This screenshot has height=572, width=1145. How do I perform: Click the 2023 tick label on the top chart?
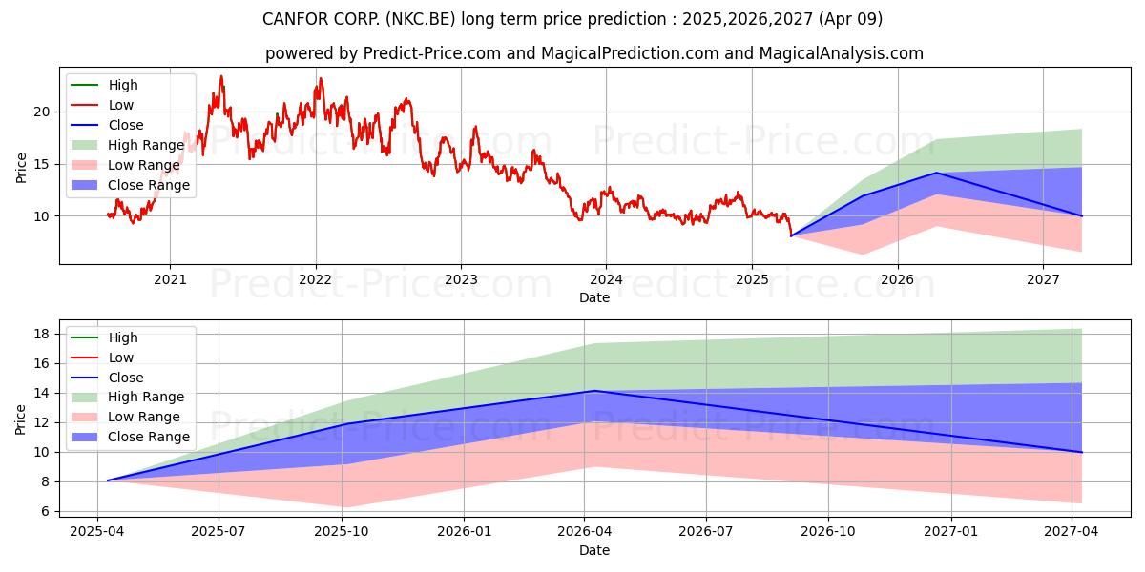coord(461,279)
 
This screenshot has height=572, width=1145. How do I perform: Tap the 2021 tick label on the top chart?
coord(170,279)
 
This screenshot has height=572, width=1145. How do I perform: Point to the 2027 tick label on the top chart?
coord(1043,279)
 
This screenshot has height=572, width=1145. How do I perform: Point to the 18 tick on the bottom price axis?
coord(42,334)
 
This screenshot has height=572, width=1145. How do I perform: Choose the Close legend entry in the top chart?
coord(126,125)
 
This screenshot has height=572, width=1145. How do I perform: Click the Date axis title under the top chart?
coord(593,297)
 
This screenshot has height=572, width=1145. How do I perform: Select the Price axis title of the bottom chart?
coord(21,419)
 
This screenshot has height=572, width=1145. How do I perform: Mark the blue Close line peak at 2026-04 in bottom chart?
coord(594,391)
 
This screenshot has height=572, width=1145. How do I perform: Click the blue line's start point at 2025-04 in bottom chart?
coord(108,480)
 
